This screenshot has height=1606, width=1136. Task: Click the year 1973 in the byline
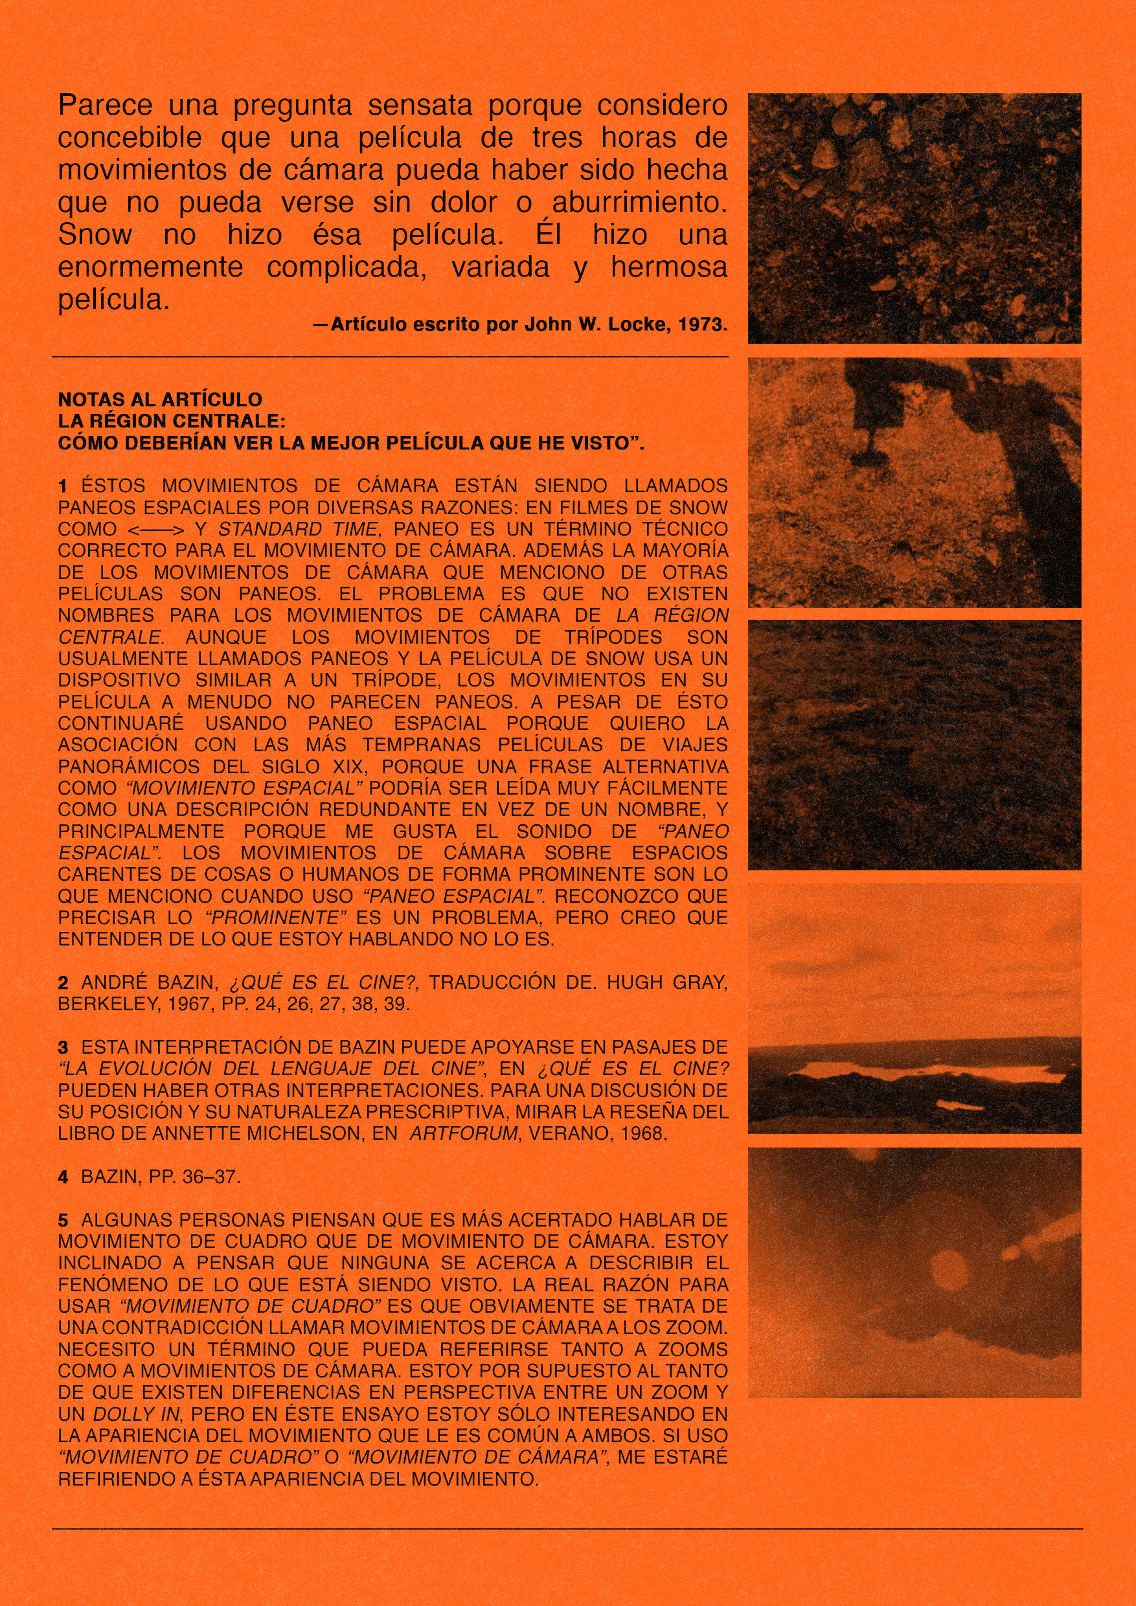click(x=702, y=324)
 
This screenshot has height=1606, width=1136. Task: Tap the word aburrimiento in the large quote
click(x=639, y=203)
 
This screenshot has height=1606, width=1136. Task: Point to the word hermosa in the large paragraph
click(x=669, y=267)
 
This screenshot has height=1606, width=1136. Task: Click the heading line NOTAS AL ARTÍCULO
click(x=159, y=400)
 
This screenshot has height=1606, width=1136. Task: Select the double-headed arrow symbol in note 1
click(x=155, y=530)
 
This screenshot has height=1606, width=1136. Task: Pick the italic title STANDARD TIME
click(x=299, y=530)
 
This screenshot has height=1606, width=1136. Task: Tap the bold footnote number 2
click(x=63, y=983)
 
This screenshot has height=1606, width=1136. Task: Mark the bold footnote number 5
click(x=63, y=1221)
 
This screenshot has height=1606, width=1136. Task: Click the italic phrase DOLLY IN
click(x=138, y=1414)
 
